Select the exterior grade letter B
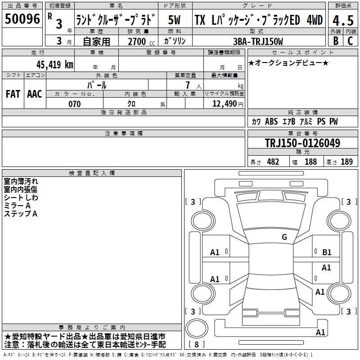335,41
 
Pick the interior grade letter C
351,41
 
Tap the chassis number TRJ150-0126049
302,143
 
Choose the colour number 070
74,104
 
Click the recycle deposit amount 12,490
224,104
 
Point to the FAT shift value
13,94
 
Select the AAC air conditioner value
35,94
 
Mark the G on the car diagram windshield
284,237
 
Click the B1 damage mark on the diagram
327,252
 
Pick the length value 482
273,162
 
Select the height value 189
346,162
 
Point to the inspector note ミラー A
17,206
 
